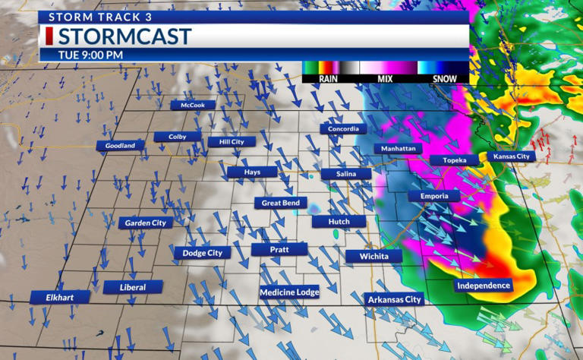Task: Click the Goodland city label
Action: (120, 145)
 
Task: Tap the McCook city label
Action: (193, 105)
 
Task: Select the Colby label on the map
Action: (178, 137)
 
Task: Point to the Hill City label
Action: (232, 141)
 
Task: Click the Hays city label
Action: (252, 172)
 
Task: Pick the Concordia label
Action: (344, 128)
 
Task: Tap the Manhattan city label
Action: (399, 148)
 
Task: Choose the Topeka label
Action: (454, 160)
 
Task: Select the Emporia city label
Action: (434, 195)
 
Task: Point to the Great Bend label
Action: (280, 203)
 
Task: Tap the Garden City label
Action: (145, 223)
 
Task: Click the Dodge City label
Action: (202, 252)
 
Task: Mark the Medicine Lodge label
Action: (289, 292)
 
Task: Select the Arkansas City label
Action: (394, 300)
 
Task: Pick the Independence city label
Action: (484, 286)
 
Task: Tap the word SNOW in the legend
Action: (445, 78)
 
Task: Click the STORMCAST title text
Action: (124, 36)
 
